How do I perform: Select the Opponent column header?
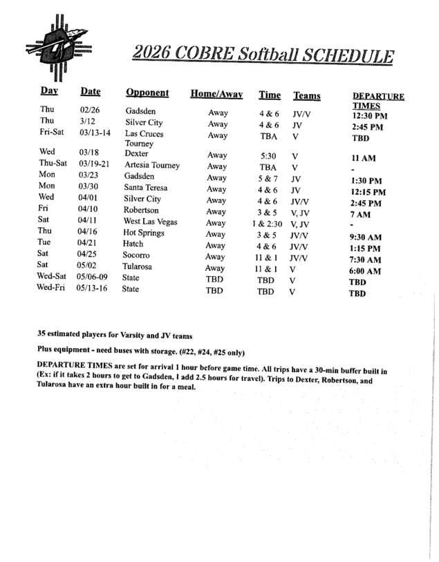(147, 93)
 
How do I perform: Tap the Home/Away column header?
(216, 94)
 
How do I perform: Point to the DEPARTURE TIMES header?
(378, 101)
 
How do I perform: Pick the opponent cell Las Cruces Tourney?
(144, 139)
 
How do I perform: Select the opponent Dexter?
(136, 153)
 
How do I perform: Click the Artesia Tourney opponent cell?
(152, 166)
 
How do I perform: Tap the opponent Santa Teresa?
(147, 188)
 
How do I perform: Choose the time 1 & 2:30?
(267, 223)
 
